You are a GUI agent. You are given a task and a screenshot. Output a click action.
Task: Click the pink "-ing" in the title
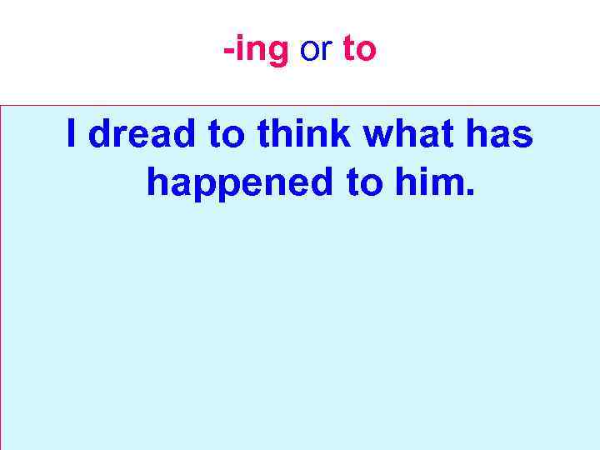[x=256, y=51]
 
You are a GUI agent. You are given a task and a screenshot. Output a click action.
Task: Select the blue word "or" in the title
[x=316, y=51]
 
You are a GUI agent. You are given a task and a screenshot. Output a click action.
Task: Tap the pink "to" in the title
[x=359, y=51]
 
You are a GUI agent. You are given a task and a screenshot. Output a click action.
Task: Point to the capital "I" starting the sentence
[x=72, y=133]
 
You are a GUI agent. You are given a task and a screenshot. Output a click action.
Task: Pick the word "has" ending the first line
[x=503, y=133]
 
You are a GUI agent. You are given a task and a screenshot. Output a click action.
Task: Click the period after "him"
[x=470, y=193]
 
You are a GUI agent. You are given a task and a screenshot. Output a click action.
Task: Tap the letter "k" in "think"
[x=347, y=133]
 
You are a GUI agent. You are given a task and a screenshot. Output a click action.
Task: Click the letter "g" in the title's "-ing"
[x=277, y=53]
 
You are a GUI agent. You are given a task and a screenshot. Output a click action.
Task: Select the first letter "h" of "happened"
[x=157, y=182]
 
